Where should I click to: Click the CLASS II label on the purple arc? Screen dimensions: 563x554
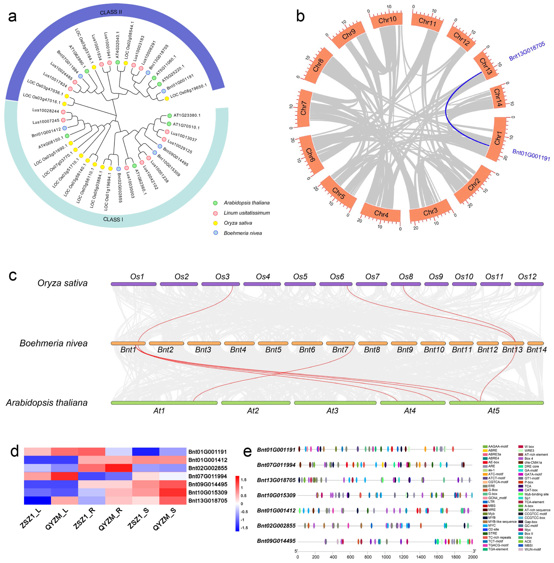111,12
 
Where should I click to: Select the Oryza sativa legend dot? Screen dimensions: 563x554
215,223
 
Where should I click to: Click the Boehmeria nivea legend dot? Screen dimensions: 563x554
215,233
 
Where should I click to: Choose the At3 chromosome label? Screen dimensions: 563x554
332,411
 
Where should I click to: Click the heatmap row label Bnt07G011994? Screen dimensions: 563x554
207,476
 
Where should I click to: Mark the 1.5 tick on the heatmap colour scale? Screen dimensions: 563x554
243,480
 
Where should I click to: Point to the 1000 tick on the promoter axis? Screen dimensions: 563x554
386,557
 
